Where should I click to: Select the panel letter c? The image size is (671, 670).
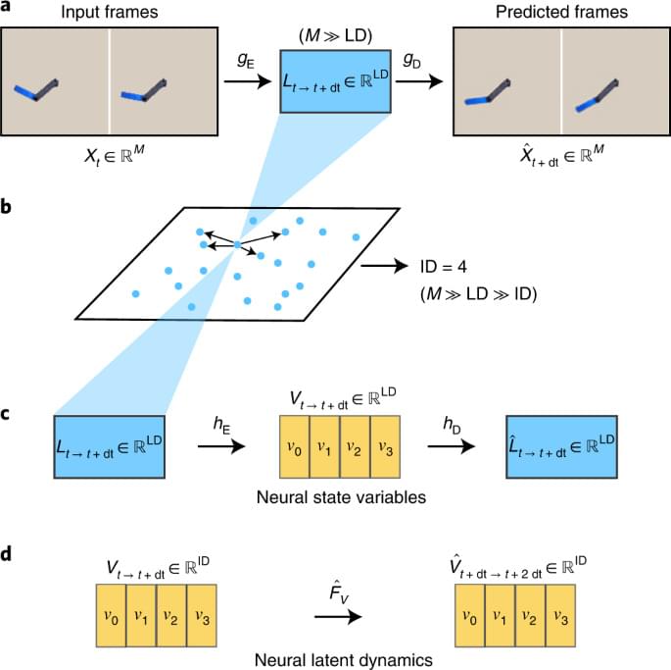click(x=7, y=414)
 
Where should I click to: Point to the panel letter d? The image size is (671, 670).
click(x=7, y=554)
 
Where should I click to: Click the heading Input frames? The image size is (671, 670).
click(x=109, y=12)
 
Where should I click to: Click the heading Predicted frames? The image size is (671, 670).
click(x=561, y=12)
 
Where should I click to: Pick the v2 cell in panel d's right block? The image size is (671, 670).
click(x=529, y=616)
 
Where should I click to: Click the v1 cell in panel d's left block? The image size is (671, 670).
click(x=143, y=616)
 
